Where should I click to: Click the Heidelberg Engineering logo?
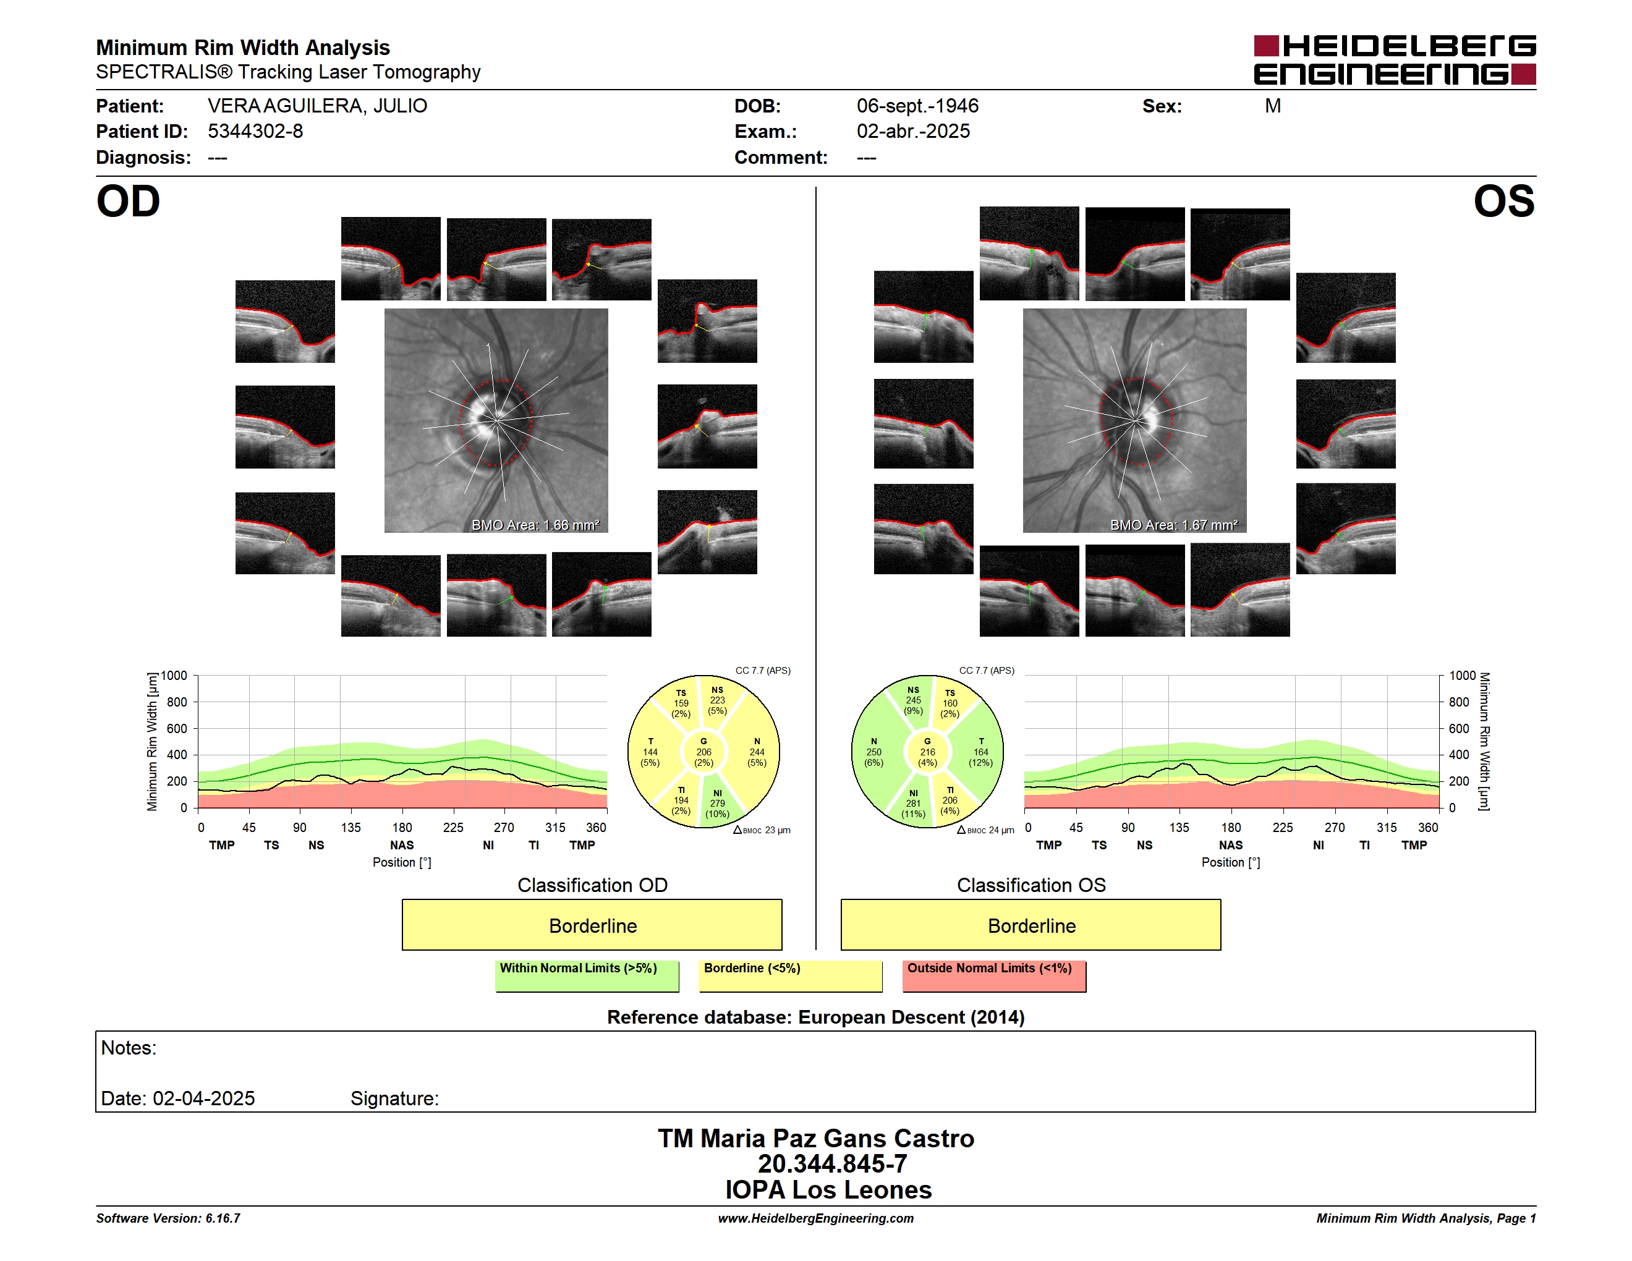(x=1395, y=60)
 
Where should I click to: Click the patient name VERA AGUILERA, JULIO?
(x=318, y=106)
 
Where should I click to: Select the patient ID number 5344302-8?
(x=255, y=132)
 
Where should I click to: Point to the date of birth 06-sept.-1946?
(x=917, y=106)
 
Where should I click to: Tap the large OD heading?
(x=128, y=201)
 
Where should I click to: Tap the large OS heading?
(x=1504, y=201)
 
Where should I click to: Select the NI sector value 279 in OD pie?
(x=717, y=804)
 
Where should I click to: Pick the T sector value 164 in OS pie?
(x=981, y=752)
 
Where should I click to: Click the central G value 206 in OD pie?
(x=704, y=752)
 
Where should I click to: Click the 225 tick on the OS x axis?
(x=1282, y=828)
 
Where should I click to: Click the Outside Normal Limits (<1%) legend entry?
(x=994, y=975)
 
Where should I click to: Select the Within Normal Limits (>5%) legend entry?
(x=587, y=975)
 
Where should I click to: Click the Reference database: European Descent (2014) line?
(x=815, y=1017)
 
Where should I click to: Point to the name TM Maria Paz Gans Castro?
(x=816, y=1139)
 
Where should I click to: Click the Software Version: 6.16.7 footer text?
(x=168, y=1218)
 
